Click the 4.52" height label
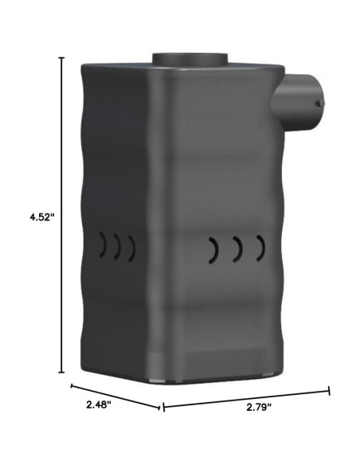(x=39, y=217)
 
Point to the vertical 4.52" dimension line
(x=64, y=215)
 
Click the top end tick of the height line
(x=64, y=57)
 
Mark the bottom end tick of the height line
(x=64, y=373)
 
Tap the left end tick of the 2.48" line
(x=72, y=386)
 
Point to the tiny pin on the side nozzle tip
(x=320, y=102)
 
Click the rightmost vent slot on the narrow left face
(x=131, y=248)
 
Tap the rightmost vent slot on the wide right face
(x=260, y=248)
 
